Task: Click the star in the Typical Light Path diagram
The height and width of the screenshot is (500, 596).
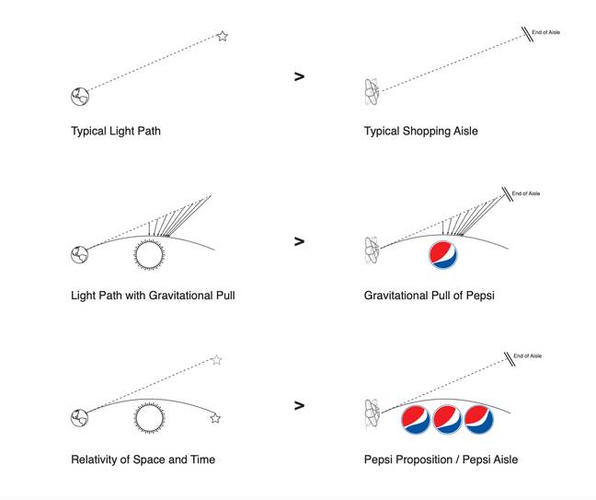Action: (223, 36)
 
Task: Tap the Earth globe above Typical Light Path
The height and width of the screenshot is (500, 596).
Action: (80, 97)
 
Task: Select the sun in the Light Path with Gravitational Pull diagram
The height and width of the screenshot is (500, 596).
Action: (149, 254)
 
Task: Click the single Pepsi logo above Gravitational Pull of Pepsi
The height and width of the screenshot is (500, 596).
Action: (443, 254)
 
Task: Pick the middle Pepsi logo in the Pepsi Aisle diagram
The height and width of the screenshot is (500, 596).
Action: (447, 419)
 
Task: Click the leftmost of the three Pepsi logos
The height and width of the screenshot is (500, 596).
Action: (416, 419)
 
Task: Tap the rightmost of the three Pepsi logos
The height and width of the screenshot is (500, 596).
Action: (479, 419)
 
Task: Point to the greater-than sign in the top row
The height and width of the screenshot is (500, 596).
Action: (300, 76)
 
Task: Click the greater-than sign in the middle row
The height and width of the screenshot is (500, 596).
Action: (300, 241)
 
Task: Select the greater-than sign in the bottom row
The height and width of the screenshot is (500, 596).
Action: (300, 406)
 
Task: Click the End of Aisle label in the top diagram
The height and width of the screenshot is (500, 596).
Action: (545, 32)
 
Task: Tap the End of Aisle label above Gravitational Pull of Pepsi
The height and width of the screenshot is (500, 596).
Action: (526, 193)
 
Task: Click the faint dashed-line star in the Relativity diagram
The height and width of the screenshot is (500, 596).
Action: (217, 360)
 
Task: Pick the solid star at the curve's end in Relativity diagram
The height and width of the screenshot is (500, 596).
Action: (215, 419)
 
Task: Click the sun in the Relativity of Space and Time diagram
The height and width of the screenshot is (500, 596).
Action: (150, 418)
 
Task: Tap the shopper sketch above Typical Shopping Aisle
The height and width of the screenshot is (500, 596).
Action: (372, 92)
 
